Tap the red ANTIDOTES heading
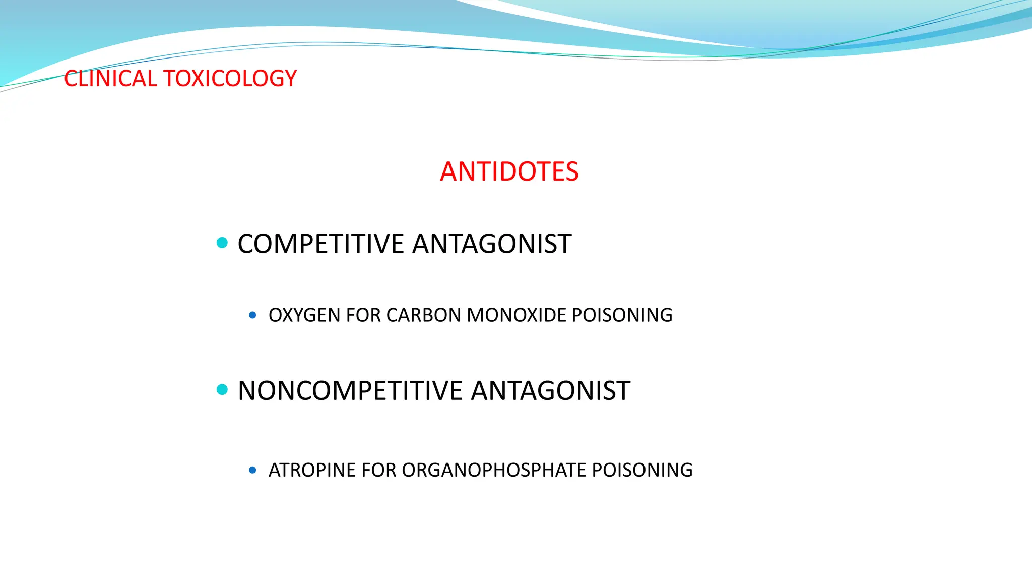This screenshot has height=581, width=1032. tap(509, 171)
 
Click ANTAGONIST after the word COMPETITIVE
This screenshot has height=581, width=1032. tap(492, 244)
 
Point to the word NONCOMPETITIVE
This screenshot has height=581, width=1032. tap(350, 391)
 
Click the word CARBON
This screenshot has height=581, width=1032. tap(424, 315)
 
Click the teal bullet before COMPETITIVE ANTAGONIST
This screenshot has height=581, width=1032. tap(222, 243)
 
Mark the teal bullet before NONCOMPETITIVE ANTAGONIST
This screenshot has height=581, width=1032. tap(222, 389)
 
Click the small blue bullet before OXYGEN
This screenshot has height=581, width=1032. tap(252, 315)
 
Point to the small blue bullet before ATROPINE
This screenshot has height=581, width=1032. tap(252, 470)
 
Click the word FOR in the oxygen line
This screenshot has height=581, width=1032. tap(363, 315)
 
